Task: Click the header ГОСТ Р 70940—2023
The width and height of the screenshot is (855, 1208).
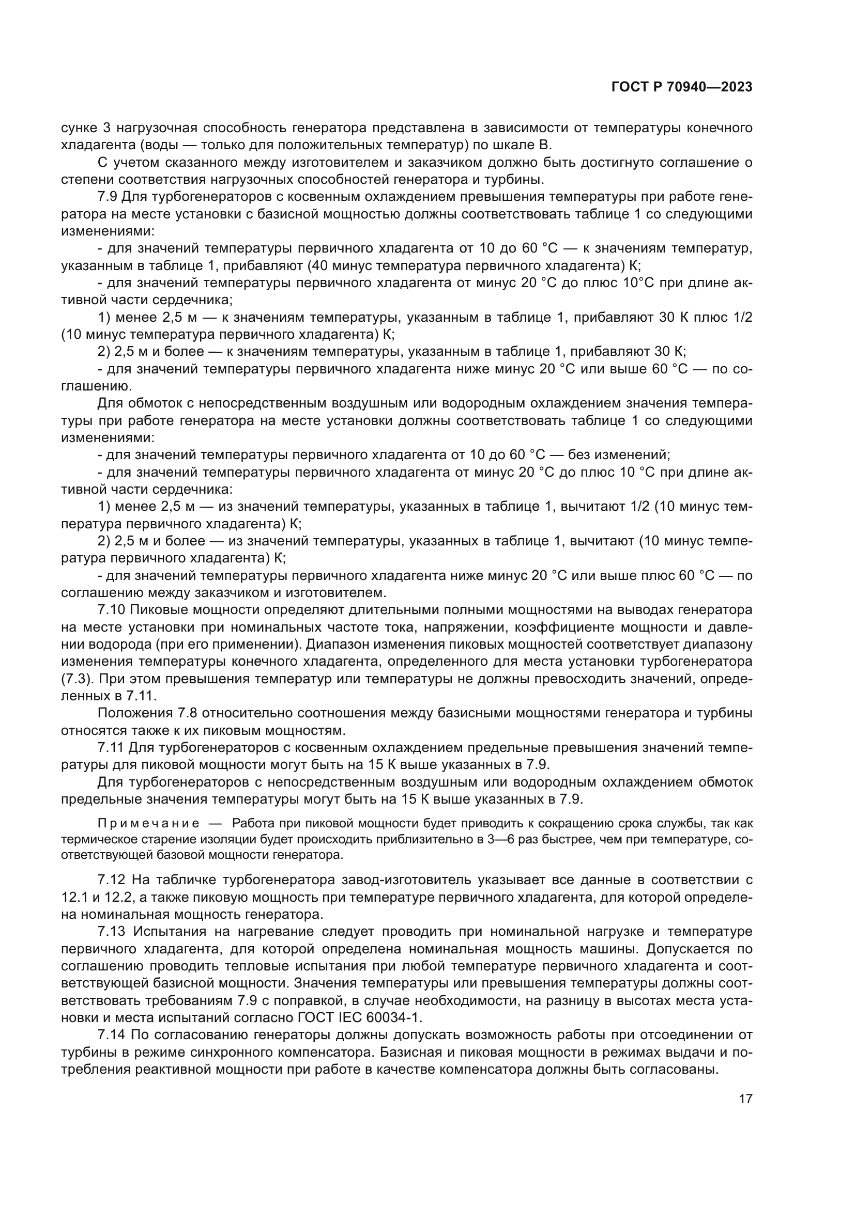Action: (x=681, y=87)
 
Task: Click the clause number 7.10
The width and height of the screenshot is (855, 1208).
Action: (x=112, y=610)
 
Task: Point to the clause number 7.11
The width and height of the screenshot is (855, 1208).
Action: (x=111, y=748)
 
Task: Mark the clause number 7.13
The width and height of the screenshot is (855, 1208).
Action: (x=112, y=931)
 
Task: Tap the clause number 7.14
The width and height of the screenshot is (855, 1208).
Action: (x=112, y=1034)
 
